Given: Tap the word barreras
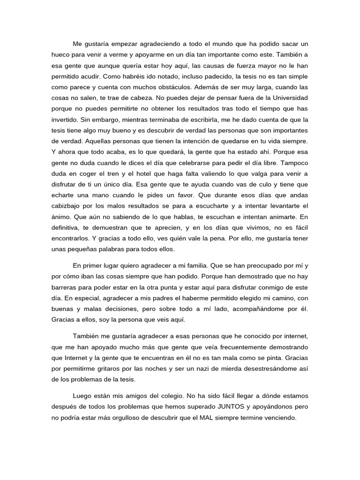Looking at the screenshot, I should pyautogui.click(x=66, y=287).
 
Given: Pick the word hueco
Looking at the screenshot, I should pyautogui.click(x=61, y=54).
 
